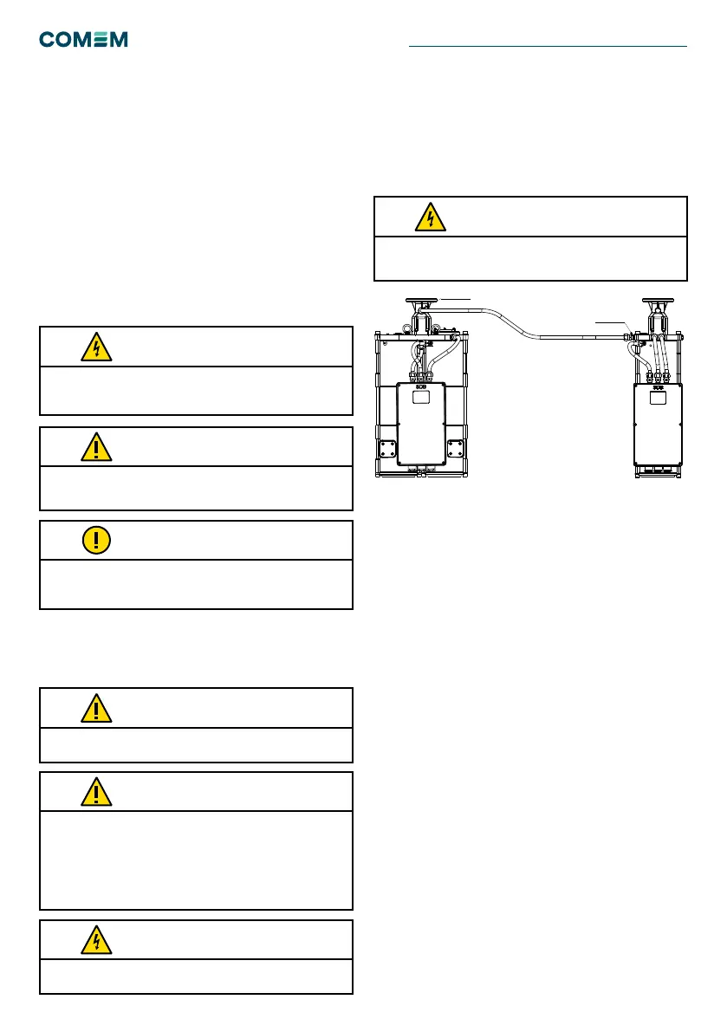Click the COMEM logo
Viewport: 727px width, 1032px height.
point(83,40)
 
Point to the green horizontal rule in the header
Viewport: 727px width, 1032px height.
point(548,46)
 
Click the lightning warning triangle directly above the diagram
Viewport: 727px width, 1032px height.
point(428,217)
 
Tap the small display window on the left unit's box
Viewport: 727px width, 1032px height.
point(420,398)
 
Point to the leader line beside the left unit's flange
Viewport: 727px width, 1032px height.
point(456,299)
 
